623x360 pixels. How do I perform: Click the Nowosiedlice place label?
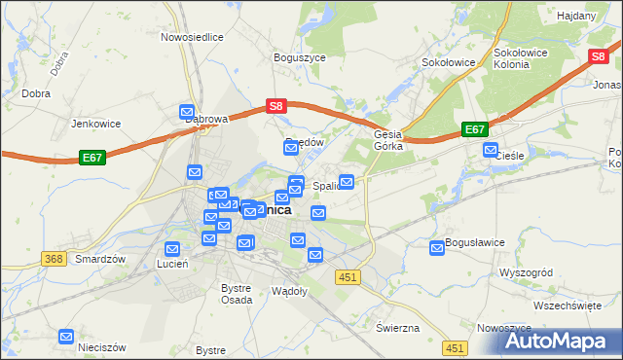(x=193, y=36)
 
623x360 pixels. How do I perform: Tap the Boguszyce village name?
(x=300, y=57)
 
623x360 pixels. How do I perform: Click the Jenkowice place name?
(x=95, y=124)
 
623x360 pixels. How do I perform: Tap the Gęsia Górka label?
(x=389, y=141)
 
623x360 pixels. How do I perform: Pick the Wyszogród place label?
(x=526, y=272)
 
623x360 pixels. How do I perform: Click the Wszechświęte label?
(x=568, y=305)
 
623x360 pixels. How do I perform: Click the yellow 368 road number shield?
(x=55, y=258)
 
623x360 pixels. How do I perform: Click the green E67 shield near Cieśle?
(x=475, y=129)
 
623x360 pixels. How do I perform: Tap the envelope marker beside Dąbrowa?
(x=188, y=113)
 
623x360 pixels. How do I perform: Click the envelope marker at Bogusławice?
(x=438, y=249)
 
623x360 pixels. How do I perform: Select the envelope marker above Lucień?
(x=172, y=249)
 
